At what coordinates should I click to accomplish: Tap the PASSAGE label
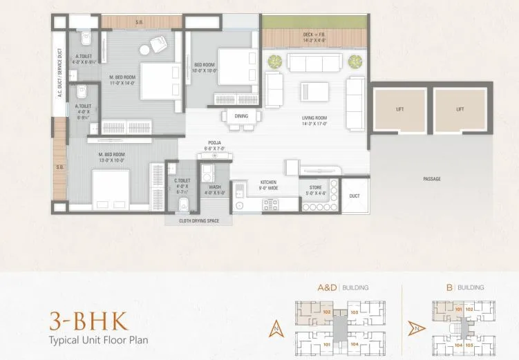point(432,179)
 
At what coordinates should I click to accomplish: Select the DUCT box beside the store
point(355,196)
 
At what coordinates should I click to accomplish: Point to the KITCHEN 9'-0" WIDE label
point(269,184)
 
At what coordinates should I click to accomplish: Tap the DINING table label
point(241,116)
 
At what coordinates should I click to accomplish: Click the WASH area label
point(214,189)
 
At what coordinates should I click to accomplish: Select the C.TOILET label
point(182,183)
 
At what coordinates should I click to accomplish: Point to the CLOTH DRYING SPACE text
point(198,222)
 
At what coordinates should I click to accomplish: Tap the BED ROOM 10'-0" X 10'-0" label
point(206,67)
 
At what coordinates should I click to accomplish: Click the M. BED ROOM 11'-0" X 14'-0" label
point(123,79)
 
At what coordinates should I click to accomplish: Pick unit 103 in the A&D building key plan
point(354,312)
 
